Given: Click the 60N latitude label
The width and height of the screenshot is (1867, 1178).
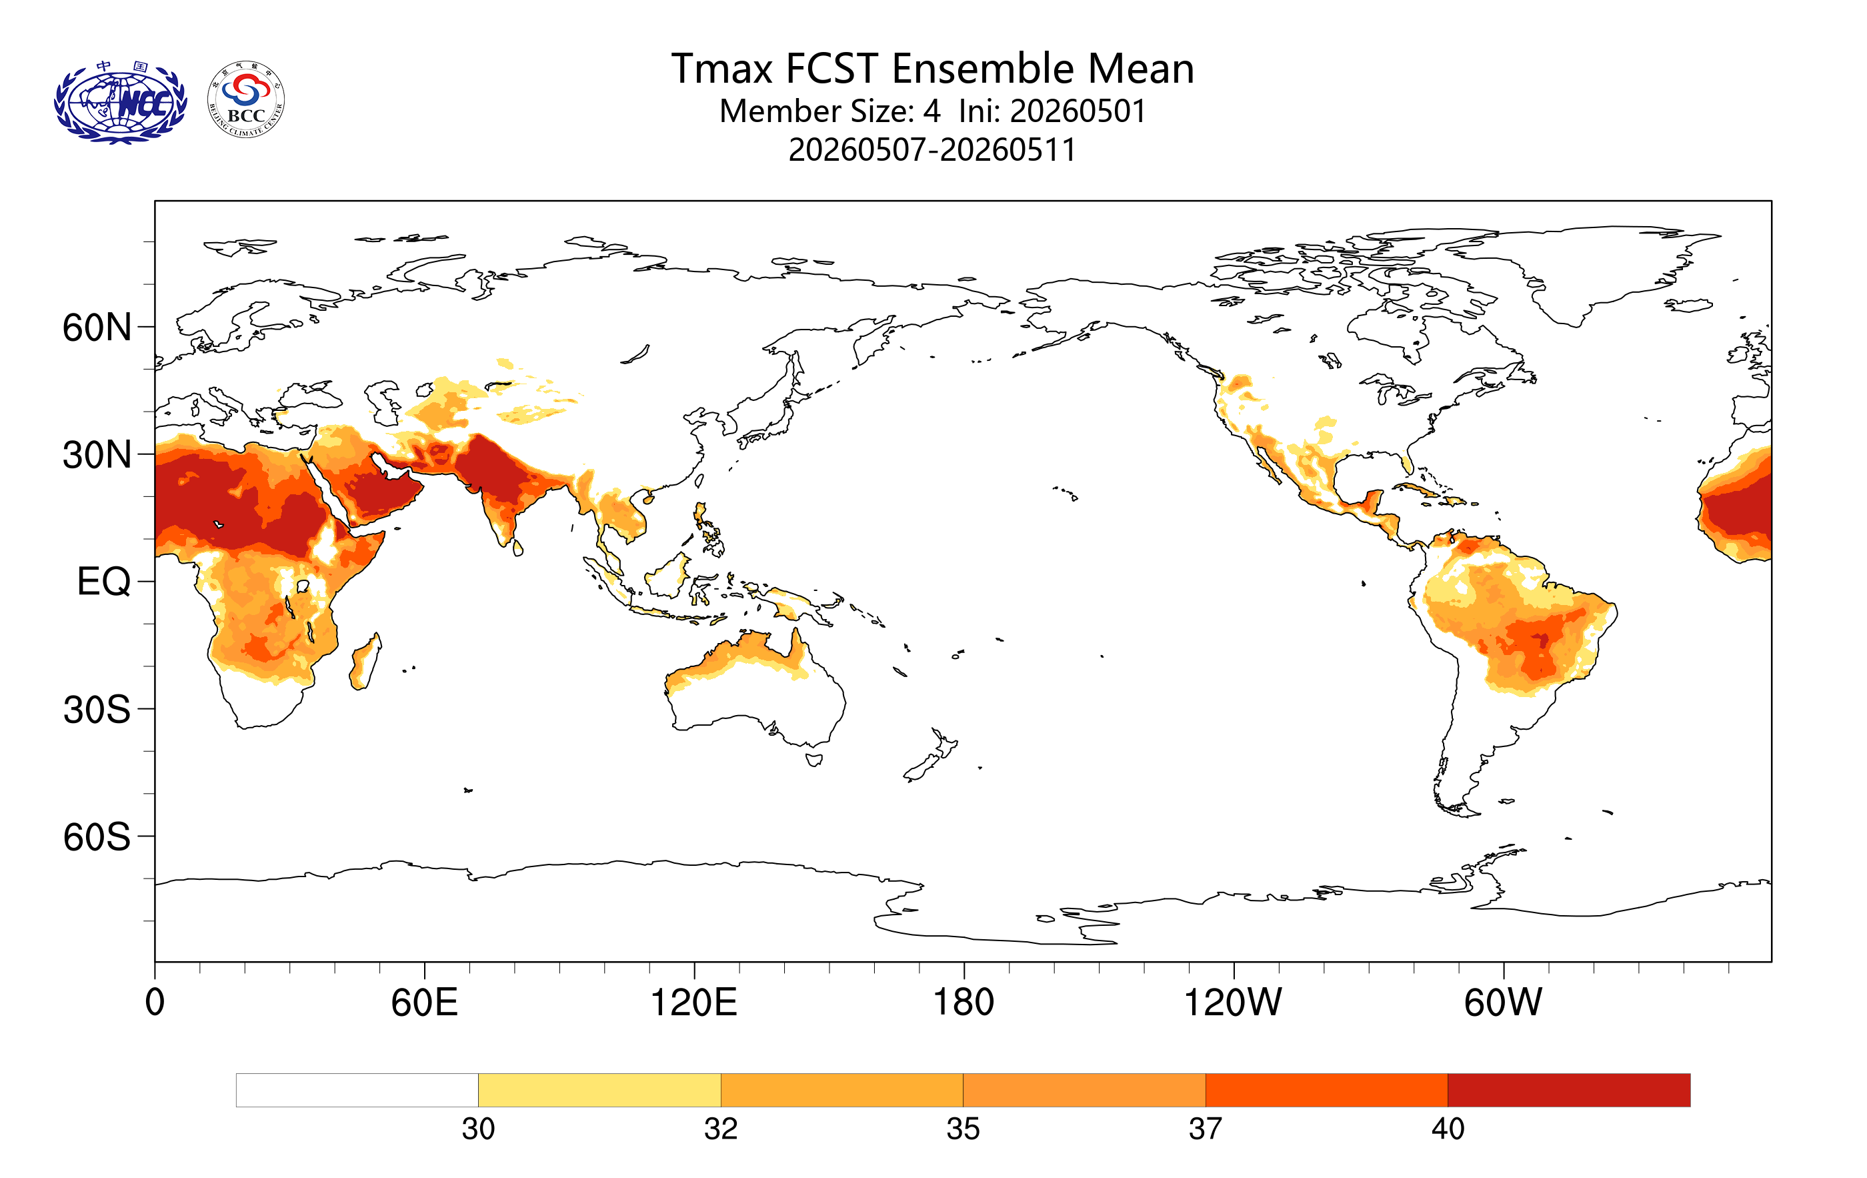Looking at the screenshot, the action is coord(97,328).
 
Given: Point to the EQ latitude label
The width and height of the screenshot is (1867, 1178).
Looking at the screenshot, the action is coord(104,582).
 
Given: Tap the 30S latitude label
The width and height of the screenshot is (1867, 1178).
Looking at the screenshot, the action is coord(97,710).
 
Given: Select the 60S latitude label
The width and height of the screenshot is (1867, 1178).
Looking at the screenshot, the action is coord(97,838).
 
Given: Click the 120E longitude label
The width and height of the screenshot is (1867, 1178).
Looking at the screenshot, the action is coord(694,1002).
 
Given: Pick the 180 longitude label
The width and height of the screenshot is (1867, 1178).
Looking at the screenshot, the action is coord(964,1002).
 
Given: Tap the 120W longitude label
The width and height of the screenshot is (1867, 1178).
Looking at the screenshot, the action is coord(1233,1002).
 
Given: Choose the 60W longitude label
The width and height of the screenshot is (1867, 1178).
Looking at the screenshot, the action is coord(1504,1002).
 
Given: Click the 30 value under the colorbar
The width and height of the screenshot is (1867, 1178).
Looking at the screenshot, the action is coord(478,1129).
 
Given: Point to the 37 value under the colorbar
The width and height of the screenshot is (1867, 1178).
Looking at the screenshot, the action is coord(1206,1129).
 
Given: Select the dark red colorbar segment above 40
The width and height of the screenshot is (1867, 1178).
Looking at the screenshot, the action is coord(1569,1091).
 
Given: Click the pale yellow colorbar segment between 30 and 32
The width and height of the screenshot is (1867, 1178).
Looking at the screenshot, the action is coord(599,1091).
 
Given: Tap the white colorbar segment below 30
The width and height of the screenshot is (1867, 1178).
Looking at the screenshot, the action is coord(357,1091).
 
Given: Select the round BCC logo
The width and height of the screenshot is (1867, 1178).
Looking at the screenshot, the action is coord(247,100).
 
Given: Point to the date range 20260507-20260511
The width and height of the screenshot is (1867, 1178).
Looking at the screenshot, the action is coord(933,149).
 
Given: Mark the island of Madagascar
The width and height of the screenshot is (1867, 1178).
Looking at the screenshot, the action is coord(366,661).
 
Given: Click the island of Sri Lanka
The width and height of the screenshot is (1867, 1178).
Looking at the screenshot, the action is coord(518,548).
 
